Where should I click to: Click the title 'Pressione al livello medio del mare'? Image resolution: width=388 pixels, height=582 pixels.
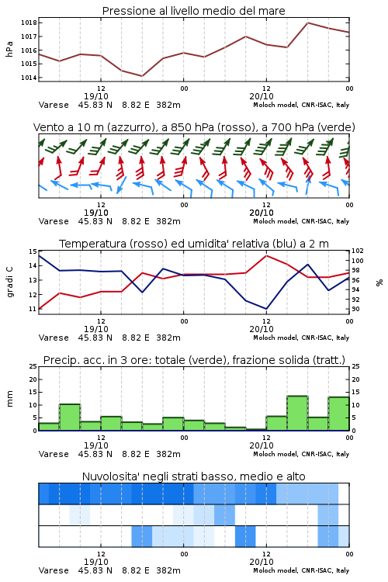(x=193, y=11)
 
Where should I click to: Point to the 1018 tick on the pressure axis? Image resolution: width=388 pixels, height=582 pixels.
(x=29, y=23)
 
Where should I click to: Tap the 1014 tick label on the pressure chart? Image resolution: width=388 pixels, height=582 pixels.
(x=29, y=78)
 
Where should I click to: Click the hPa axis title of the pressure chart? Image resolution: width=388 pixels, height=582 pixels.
(x=9, y=50)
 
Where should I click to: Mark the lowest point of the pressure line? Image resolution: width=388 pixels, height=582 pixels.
(x=142, y=76)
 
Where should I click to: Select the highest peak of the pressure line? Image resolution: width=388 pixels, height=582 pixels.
(x=307, y=23)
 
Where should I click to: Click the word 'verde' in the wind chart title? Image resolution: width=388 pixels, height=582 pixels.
(x=337, y=128)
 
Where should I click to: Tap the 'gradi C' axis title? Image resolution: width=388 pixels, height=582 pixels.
(x=10, y=282)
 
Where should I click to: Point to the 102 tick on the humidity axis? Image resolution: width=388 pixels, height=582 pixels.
(x=358, y=251)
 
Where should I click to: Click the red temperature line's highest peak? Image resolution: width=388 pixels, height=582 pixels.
(x=267, y=255)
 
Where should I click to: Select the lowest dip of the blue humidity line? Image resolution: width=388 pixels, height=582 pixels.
(x=266, y=309)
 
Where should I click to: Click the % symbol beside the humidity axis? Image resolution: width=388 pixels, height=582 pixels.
(x=379, y=282)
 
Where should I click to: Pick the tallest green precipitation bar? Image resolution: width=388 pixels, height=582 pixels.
(x=297, y=413)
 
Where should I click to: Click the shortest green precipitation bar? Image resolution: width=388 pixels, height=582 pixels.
(x=256, y=429)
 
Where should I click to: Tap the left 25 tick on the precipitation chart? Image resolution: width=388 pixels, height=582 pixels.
(x=33, y=367)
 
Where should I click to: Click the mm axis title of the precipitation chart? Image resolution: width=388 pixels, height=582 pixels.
(x=9, y=399)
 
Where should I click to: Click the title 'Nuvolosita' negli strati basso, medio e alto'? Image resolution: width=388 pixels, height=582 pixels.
(x=193, y=476)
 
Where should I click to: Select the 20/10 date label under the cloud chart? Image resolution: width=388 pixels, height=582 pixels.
(x=262, y=562)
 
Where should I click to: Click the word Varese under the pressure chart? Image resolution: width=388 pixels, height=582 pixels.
(x=54, y=105)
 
